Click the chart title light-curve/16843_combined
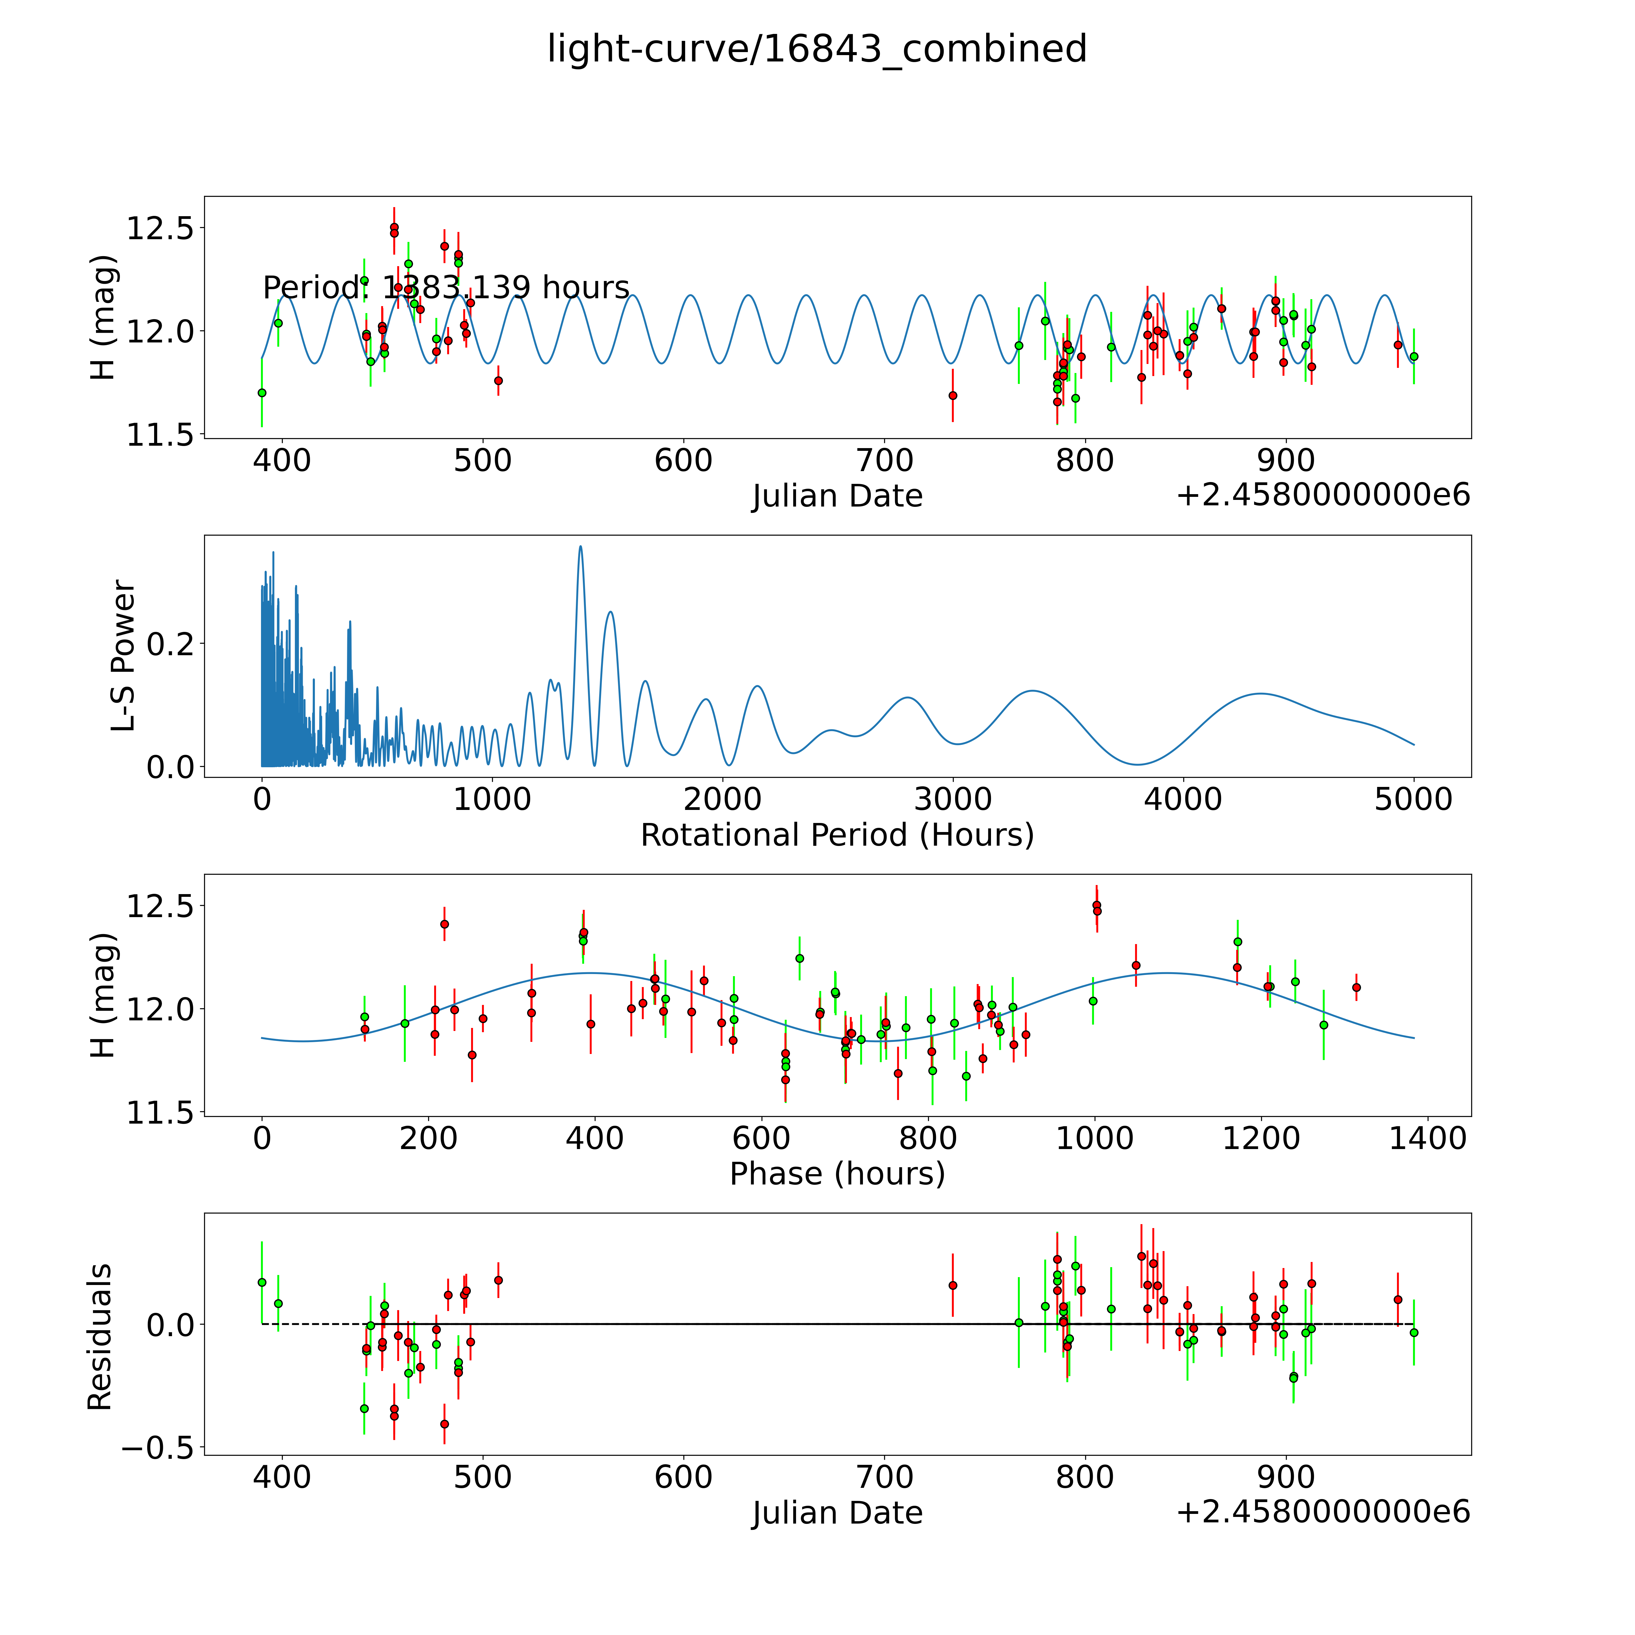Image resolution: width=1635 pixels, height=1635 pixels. [817, 49]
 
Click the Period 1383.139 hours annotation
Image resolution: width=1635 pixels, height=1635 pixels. [446, 288]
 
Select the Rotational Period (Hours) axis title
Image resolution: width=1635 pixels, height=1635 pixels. [837, 835]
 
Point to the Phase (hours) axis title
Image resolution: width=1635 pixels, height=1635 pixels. [837, 1174]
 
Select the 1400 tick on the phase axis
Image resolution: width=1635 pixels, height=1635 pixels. [1428, 1138]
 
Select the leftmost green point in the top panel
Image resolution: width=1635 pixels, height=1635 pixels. [262, 393]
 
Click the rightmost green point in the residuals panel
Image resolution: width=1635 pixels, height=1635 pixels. [1413, 1332]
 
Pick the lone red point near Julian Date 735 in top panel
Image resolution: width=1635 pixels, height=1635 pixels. [953, 395]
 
